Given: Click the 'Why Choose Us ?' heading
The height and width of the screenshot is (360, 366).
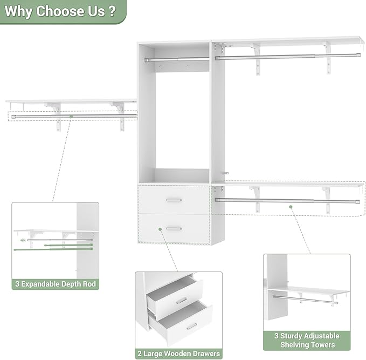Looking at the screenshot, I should [x=59, y=11].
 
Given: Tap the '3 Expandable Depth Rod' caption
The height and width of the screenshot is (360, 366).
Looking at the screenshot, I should [x=55, y=284].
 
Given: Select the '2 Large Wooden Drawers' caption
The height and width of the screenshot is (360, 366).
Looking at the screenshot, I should [x=178, y=354].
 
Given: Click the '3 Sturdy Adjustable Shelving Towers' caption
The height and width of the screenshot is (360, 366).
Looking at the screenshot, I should [x=307, y=340].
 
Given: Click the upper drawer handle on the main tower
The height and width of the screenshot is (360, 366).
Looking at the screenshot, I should [x=174, y=200].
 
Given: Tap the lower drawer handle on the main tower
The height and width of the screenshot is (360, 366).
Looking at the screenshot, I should [x=174, y=228].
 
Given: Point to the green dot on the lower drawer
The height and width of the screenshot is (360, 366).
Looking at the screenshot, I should [x=160, y=230].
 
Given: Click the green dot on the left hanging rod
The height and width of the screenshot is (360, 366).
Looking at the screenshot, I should [x=71, y=116].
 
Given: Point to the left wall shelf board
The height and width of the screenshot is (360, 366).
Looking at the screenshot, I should [x=71, y=101].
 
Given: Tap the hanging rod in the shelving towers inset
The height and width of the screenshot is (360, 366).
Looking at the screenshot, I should [x=305, y=299].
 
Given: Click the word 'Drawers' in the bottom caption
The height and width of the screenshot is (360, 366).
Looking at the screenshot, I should [x=203, y=354].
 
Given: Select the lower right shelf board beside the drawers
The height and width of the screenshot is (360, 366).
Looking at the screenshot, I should [x=288, y=184].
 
